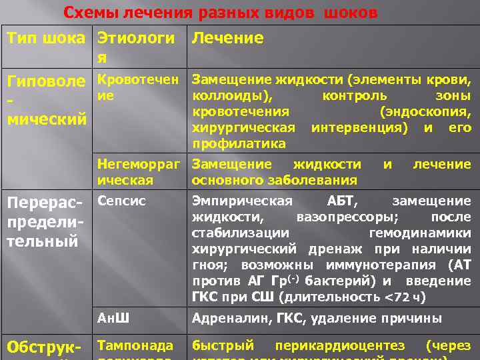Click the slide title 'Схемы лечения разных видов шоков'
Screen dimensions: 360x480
pos(220,13)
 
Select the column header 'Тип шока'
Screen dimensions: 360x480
pos(46,38)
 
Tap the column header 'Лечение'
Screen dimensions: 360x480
pos(227,38)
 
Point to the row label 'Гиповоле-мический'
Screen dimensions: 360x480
pos(46,100)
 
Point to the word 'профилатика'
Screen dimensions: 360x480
pos(230,143)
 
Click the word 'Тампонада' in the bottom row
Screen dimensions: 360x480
pos(135,345)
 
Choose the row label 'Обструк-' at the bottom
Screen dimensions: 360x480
pos(46,348)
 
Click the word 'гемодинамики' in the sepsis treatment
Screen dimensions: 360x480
pos(420,233)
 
